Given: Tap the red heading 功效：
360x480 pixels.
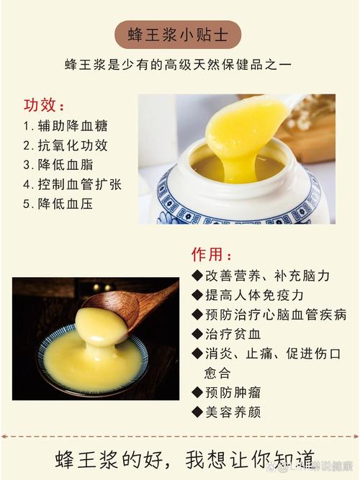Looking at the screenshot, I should (x=45, y=105).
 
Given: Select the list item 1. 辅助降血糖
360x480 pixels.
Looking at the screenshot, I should (x=66, y=125).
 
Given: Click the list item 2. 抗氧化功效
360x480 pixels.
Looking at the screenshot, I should (x=66, y=145).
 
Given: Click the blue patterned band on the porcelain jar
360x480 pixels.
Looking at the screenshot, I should (x=238, y=205).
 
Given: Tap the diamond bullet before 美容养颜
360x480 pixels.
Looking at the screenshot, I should (x=197, y=412).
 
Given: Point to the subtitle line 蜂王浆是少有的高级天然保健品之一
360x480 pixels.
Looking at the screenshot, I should (x=177, y=64).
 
